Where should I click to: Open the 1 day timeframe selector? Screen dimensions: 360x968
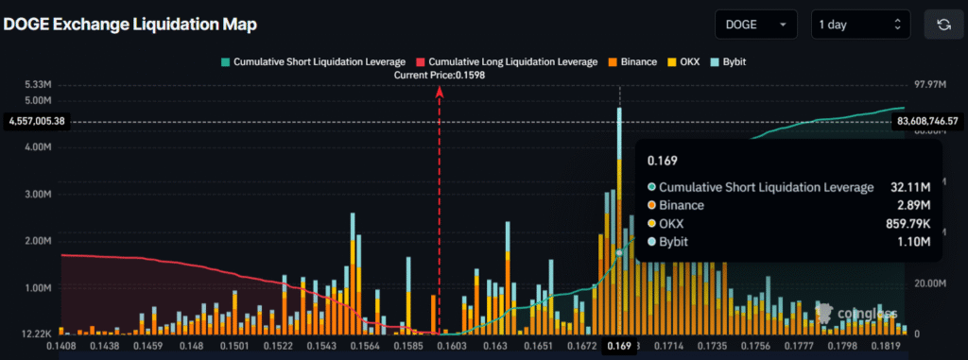click(x=859, y=25)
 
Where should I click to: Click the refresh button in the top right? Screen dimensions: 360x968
click(x=942, y=25)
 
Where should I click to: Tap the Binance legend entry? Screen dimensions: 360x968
click(x=632, y=61)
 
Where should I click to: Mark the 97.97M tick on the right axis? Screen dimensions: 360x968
click(x=926, y=85)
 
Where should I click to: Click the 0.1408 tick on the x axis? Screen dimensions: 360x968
click(x=60, y=348)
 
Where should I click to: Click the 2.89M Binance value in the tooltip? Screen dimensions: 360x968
click(x=912, y=205)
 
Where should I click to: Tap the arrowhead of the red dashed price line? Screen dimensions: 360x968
click(x=439, y=91)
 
